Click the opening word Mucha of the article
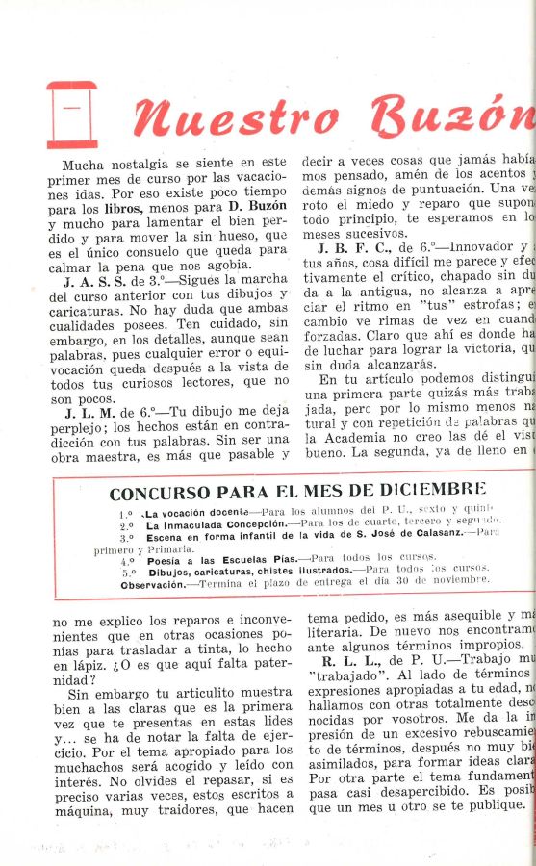pyautogui.click(x=83, y=165)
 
